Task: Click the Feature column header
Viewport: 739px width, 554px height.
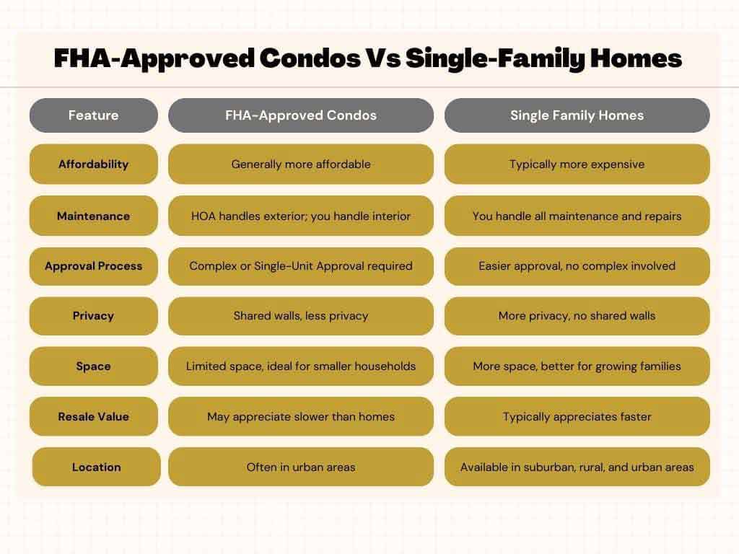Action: (x=93, y=115)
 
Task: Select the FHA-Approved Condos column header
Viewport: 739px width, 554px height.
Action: (x=301, y=115)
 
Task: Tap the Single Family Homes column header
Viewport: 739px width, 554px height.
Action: (x=577, y=115)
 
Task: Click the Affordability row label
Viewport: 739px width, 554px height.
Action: (x=93, y=164)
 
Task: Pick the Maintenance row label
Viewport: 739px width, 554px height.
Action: (x=93, y=216)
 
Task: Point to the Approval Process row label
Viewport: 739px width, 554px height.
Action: (x=93, y=266)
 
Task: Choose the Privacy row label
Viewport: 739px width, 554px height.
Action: (x=93, y=316)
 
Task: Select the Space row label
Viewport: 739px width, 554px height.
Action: (x=93, y=366)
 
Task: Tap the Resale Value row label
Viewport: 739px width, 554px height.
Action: (x=93, y=416)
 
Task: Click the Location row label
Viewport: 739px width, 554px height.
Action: (x=96, y=467)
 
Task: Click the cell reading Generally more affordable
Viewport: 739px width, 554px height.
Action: (x=301, y=164)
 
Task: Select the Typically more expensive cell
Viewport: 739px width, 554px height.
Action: (x=577, y=164)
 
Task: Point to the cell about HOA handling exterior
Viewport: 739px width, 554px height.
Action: (x=301, y=216)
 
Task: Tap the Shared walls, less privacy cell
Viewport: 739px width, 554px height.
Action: (x=301, y=316)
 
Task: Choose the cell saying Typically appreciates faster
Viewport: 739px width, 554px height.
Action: (x=577, y=416)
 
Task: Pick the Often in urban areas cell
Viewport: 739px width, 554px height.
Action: (x=301, y=467)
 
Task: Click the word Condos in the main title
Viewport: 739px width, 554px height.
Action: (x=310, y=58)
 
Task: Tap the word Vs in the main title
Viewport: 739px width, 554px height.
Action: (x=384, y=58)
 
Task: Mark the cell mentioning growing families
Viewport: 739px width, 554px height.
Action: (x=577, y=366)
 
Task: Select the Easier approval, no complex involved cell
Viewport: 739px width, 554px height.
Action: (x=577, y=266)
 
